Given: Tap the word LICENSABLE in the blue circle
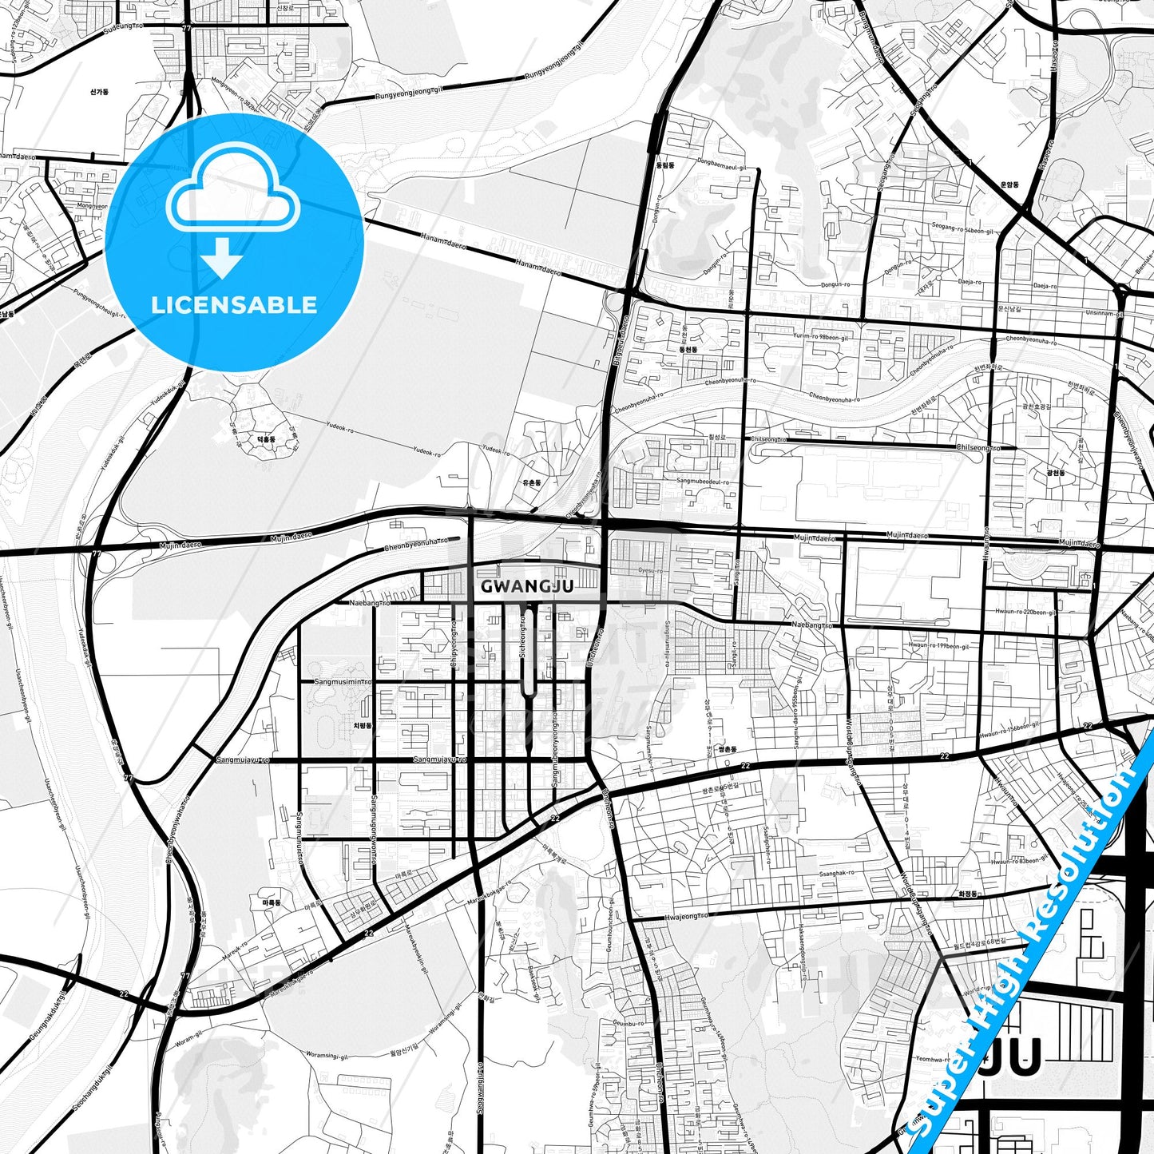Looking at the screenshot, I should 234,305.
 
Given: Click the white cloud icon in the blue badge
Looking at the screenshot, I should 232,196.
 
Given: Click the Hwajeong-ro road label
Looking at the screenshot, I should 685,917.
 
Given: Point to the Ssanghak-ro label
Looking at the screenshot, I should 836,873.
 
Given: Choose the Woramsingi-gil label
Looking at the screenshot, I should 327,1056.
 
